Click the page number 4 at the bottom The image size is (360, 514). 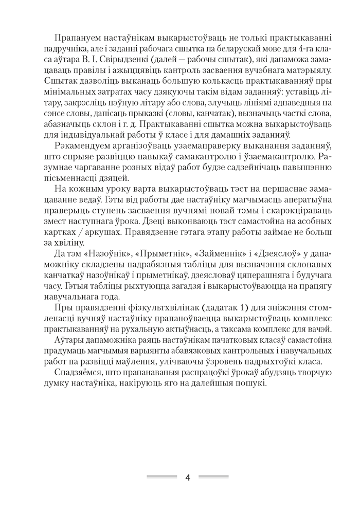pyautogui.click(x=187, y=478)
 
